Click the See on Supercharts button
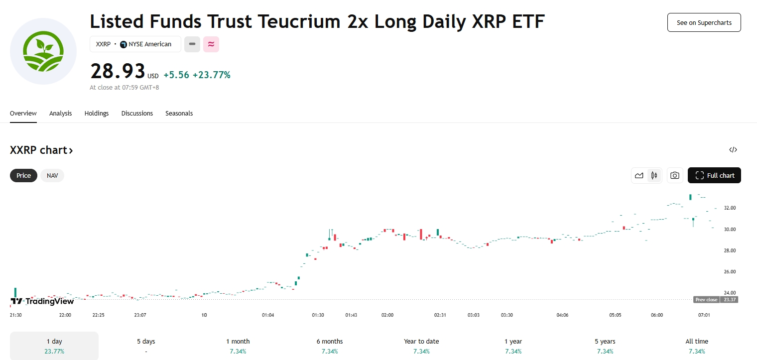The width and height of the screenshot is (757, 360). click(x=704, y=22)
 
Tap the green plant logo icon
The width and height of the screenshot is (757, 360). click(x=43, y=51)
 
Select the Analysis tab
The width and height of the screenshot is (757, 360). click(x=60, y=113)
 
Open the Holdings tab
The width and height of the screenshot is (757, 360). click(x=97, y=113)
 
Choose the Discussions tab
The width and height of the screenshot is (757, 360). click(x=137, y=113)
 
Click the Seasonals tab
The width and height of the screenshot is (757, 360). click(x=179, y=113)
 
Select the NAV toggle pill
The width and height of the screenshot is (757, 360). click(x=52, y=175)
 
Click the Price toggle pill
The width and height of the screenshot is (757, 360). click(x=24, y=175)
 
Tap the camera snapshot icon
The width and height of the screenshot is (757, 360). click(x=675, y=175)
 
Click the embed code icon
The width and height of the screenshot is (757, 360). click(x=733, y=150)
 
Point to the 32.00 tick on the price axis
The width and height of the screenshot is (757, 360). click(x=730, y=208)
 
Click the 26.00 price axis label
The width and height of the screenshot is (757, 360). click(x=730, y=272)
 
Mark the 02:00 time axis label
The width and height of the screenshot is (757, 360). click(x=387, y=315)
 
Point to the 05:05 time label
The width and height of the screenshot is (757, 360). click(x=615, y=315)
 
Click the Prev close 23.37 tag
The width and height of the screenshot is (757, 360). click(x=716, y=299)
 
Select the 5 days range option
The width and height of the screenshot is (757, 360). click(x=146, y=346)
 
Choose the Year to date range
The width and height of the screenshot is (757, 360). click(x=421, y=346)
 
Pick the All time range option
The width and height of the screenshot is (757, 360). click(x=697, y=346)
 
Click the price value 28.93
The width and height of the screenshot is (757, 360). click(x=118, y=71)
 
